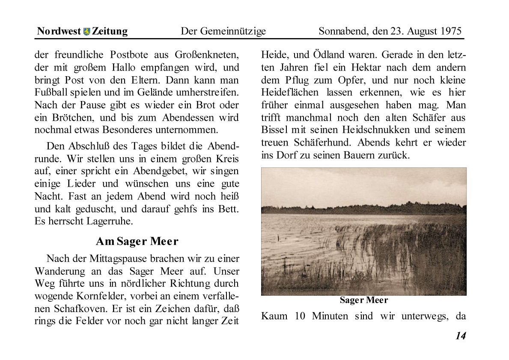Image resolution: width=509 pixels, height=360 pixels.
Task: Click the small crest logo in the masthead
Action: [x=87, y=32]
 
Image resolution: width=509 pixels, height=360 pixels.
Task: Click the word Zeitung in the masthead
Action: [x=110, y=31]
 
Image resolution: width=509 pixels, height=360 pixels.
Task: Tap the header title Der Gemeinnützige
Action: [x=223, y=31]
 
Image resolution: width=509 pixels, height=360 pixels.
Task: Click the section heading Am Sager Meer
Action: [x=137, y=241]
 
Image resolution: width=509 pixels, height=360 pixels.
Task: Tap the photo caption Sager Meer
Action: [x=364, y=300]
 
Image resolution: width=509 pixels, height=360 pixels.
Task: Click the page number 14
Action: [x=460, y=336]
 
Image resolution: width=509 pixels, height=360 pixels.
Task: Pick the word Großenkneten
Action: [x=207, y=55]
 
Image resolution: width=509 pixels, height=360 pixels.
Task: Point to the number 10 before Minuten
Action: [x=300, y=317]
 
